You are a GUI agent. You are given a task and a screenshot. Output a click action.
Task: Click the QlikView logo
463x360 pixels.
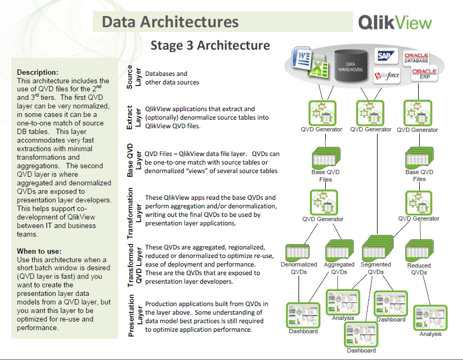point(395,22)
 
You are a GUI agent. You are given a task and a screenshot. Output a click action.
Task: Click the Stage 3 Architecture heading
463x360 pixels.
point(210,45)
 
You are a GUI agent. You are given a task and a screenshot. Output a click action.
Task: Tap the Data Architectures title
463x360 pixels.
point(170,22)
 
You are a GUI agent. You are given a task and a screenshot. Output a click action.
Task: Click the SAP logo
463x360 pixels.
point(385,56)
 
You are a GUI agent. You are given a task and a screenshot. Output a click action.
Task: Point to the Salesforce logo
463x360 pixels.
point(386,75)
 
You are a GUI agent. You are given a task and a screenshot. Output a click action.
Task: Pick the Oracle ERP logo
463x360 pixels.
point(424,74)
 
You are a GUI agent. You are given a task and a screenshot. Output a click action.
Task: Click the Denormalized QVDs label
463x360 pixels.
point(299,268)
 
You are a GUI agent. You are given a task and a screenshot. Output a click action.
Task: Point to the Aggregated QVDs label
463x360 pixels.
point(339,268)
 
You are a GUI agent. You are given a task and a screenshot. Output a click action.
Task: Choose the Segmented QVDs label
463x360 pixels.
point(375,268)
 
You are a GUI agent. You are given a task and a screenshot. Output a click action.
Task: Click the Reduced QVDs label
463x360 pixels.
point(419,269)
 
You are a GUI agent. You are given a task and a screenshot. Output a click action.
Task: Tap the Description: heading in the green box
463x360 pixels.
point(38,72)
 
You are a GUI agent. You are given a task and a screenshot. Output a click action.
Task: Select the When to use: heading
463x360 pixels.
point(39,251)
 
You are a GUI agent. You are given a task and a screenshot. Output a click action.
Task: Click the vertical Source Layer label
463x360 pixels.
point(133,77)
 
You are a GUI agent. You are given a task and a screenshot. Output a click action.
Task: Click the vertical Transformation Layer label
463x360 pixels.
point(134,213)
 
